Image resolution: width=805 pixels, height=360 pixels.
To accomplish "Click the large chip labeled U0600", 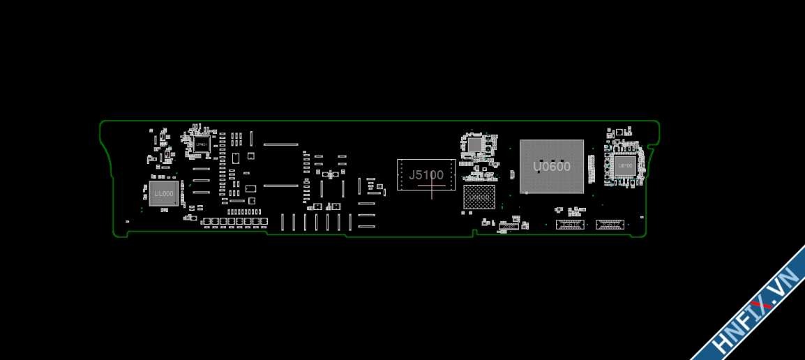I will tap(551, 166).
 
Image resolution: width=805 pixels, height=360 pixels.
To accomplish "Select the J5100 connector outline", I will tap(426, 174).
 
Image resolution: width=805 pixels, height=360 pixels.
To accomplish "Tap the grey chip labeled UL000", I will tap(164, 193).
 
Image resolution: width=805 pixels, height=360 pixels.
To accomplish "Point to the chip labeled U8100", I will tap(624, 166).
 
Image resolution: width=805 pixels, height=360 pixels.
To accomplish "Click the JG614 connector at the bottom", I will tap(570, 224).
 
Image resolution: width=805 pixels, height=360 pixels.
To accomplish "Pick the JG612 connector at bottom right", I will tap(610, 224).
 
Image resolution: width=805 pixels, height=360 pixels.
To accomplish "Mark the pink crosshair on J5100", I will tap(432, 185).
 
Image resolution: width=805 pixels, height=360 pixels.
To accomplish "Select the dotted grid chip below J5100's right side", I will tap(479, 197).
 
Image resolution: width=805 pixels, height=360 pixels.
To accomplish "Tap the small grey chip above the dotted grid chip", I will tap(474, 144).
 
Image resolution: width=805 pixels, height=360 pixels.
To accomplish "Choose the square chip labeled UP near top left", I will tap(202, 144).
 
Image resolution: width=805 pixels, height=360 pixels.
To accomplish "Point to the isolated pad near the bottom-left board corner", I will tap(127, 221).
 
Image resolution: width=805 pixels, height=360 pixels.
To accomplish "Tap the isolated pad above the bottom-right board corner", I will tap(642, 217).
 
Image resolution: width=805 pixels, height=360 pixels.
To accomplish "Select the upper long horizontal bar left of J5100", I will tap(280, 144).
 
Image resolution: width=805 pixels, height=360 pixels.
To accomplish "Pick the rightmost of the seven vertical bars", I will tap(350, 222).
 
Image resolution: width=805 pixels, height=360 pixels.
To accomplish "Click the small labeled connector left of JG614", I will tap(508, 227).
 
